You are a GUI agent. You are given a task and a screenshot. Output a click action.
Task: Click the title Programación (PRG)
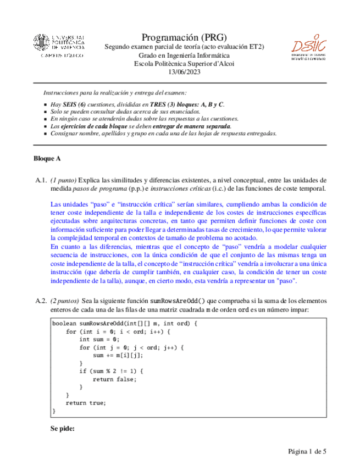[184, 37]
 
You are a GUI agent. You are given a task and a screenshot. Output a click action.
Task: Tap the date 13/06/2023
[184, 71]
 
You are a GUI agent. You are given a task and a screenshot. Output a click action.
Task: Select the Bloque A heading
[47, 158]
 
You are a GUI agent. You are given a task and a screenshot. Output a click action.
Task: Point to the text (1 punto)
[63, 180]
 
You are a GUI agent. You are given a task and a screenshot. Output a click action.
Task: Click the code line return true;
[85, 403]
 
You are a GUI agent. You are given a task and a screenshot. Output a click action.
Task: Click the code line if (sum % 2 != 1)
[113, 371]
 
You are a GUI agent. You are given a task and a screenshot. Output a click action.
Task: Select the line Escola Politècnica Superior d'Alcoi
[184, 63]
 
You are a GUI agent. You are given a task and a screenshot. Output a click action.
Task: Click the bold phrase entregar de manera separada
[196, 126]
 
